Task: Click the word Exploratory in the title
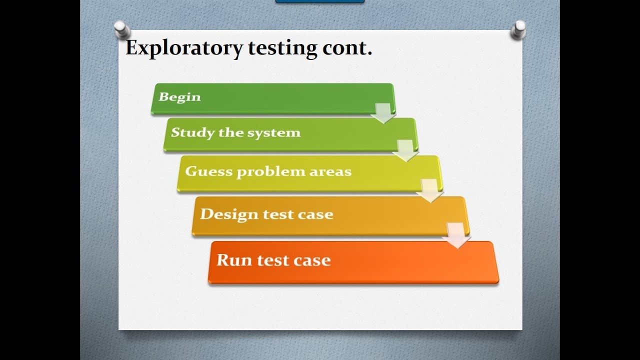pos(184,48)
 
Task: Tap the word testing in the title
pos(281,48)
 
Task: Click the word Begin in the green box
pos(179,97)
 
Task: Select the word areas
pos(331,171)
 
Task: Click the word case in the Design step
pos(315,214)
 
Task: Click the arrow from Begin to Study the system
pos(383,113)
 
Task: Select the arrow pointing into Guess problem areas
pos(405,150)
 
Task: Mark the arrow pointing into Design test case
pos(430,190)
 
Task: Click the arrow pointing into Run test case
pos(457,235)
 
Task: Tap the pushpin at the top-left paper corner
pos(121,29)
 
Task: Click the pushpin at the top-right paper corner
pos(519,29)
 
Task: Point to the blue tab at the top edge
pos(319,1)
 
